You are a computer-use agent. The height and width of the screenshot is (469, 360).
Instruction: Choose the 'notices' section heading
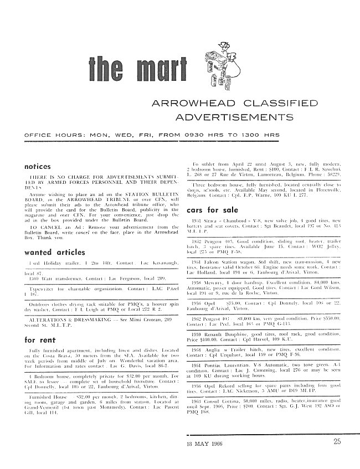pos(38,166)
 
